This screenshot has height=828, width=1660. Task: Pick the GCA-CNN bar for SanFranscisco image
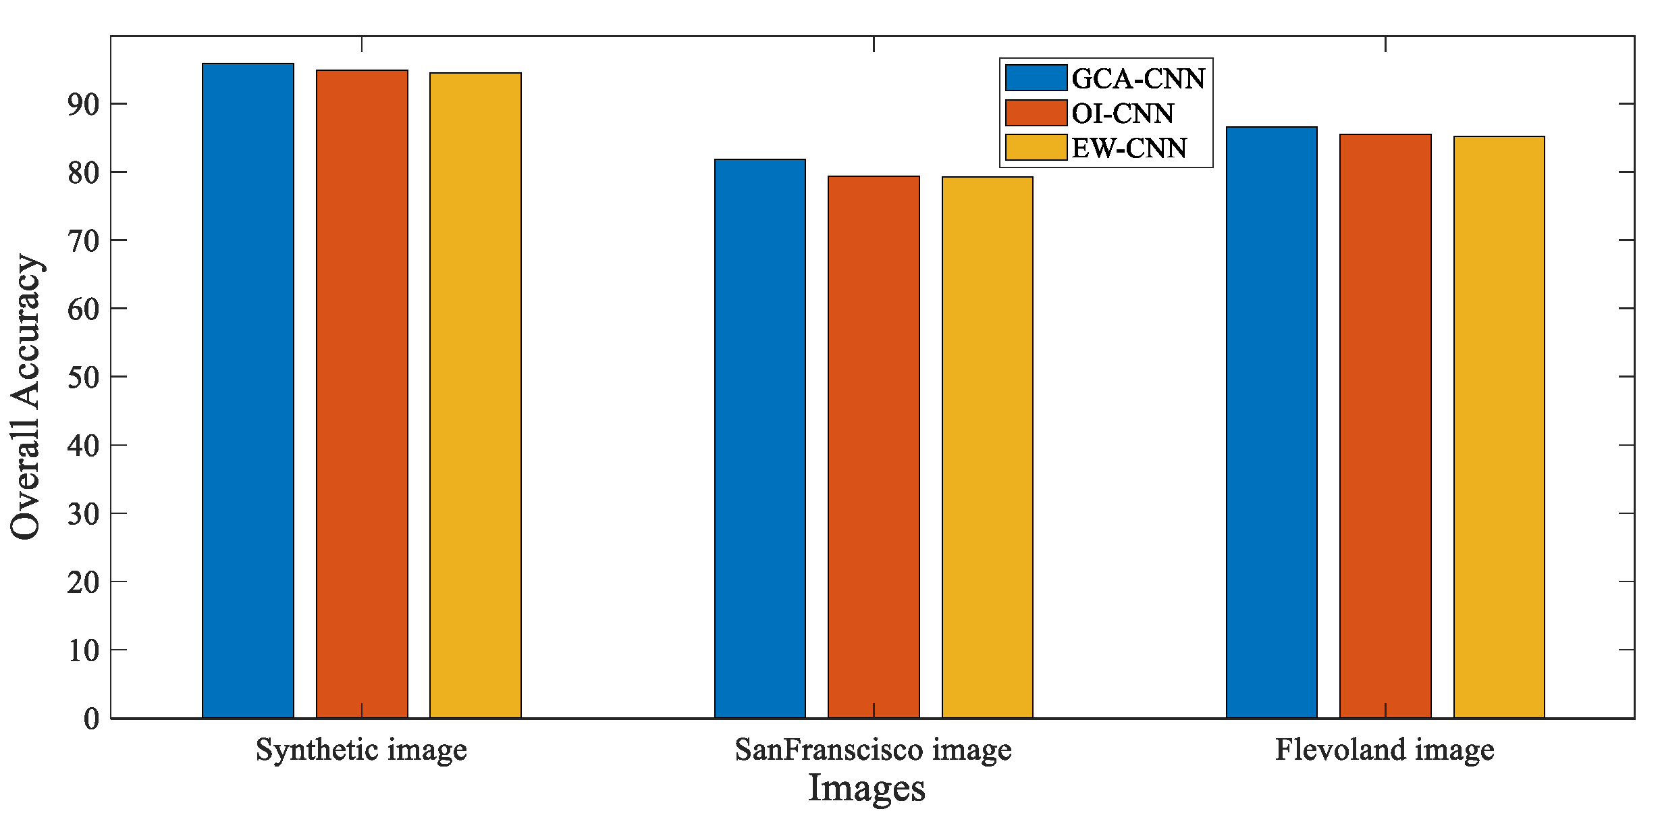(x=759, y=438)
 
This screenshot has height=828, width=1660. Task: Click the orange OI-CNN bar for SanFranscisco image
(x=874, y=447)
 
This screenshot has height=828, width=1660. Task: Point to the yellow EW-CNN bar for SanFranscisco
(x=987, y=447)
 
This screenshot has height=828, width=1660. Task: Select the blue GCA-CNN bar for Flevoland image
(x=1271, y=422)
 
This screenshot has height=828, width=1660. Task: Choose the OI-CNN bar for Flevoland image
(x=1385, y=426)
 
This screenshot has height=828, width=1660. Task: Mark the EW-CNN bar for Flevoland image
(x=1499, y=427)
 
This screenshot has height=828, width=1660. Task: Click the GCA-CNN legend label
(x=1138, y=79)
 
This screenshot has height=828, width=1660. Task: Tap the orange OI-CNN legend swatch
(x=1036, y=113)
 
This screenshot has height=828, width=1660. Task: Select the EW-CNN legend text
(x=1129, y=148)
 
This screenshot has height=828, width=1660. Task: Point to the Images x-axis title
(x=866, y=788)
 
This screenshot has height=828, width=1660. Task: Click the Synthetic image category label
(x=361, y=750)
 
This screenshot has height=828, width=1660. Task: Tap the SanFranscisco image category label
(x=873, y=750)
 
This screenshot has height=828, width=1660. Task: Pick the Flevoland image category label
(x=1385, y=750)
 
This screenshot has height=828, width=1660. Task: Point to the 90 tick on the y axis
(x=83, y=105)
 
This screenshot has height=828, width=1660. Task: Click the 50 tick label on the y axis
(x=83, y=377)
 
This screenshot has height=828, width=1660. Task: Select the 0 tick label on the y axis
(x=91, y=719)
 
